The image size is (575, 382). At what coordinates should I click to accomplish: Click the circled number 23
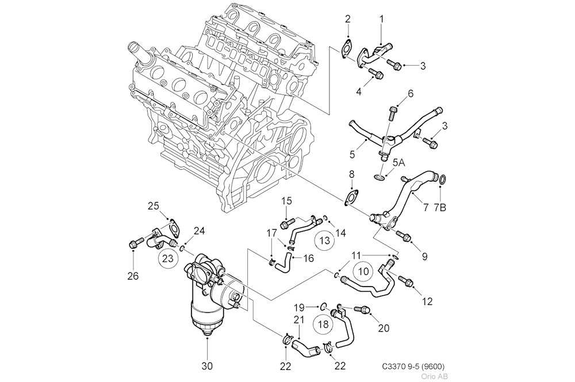(x=167, y=258)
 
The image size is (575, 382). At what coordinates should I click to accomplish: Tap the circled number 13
(x=324, y=240)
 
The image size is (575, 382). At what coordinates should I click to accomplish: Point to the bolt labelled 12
(x=405, y=281)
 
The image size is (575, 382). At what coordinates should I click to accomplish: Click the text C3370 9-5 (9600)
(x=412, y=366)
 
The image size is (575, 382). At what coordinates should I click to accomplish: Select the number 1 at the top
(x=381, y=19)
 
